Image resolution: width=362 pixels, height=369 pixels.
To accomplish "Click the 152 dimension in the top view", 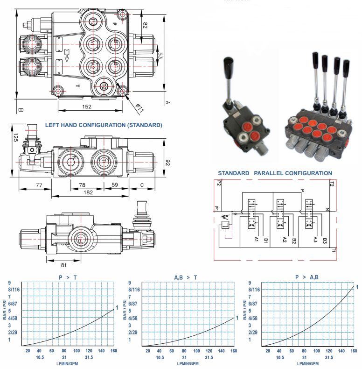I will [87, 106].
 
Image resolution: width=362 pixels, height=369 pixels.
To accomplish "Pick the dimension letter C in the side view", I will [142, 185].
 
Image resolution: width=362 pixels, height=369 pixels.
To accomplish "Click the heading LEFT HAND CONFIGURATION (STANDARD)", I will [104, 125].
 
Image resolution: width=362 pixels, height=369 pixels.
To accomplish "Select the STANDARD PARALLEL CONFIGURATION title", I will [275, 173].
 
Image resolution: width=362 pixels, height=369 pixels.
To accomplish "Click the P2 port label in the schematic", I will [218, 184].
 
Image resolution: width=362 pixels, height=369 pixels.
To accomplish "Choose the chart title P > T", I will [68, 277].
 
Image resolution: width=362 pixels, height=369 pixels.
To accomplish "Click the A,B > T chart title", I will [186, 277].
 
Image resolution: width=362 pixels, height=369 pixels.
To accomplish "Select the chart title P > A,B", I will [306, 277].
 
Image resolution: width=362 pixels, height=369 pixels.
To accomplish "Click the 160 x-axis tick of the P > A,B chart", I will [354, 351].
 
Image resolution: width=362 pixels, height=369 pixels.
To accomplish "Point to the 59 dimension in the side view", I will [114, 185].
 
